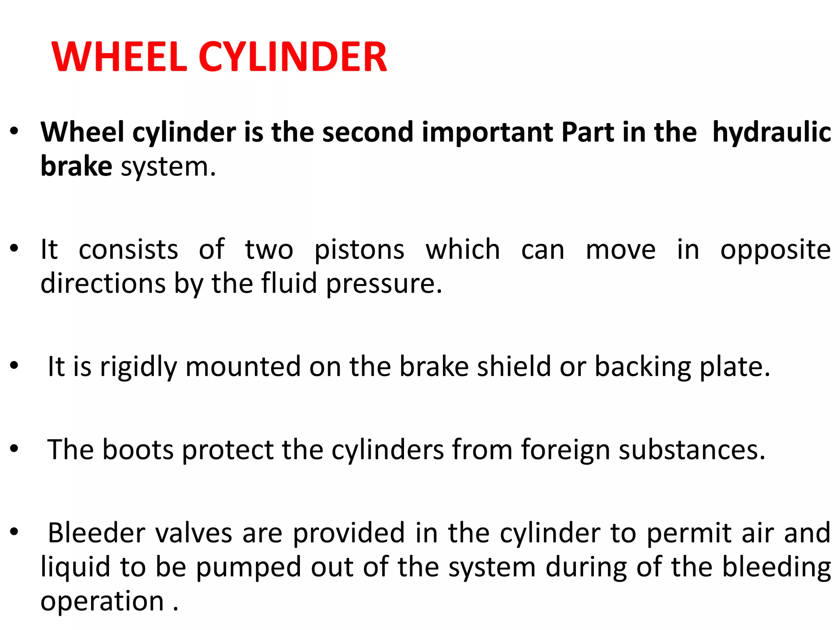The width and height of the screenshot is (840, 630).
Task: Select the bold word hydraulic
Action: click(772, 132)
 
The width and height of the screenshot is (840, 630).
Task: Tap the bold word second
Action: click(367, 132)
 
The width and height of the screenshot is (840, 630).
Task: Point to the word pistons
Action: click(359, 250)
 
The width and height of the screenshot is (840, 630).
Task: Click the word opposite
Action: click(776, 250)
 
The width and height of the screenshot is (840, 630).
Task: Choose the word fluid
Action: click(289, 283)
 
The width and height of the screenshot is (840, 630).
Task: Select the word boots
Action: click(138, 450)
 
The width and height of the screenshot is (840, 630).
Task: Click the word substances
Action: click(692, 450)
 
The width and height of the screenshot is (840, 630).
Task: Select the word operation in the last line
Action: click(102, 602)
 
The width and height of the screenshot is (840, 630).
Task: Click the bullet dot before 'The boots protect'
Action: click(14, 449)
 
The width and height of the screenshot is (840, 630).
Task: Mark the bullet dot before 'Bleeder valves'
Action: click(14, 532)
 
